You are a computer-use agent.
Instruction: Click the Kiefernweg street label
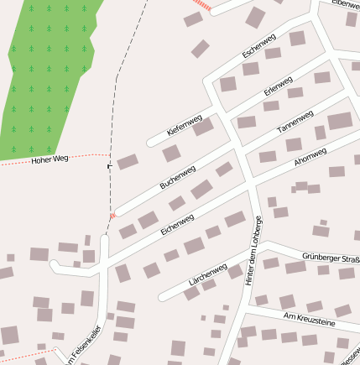pos(185,127)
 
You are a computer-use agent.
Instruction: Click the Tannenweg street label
pos(295,123)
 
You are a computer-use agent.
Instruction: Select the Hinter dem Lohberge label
pos(254,251)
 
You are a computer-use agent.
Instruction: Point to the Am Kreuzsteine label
pos(310,318)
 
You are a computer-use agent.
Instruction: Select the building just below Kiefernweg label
pos(171,153)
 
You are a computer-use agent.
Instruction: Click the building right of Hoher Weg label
pos(127,161)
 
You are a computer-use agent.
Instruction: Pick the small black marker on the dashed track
pos(108,167)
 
